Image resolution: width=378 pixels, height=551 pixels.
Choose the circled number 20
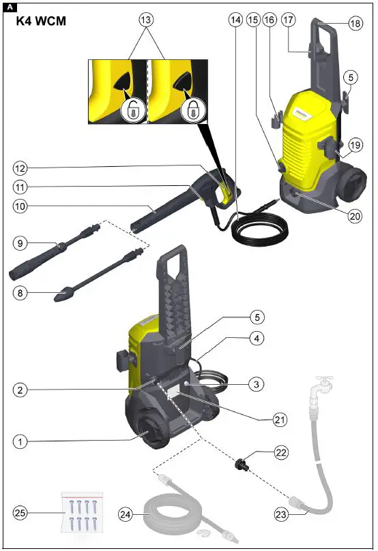click(353, 216)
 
